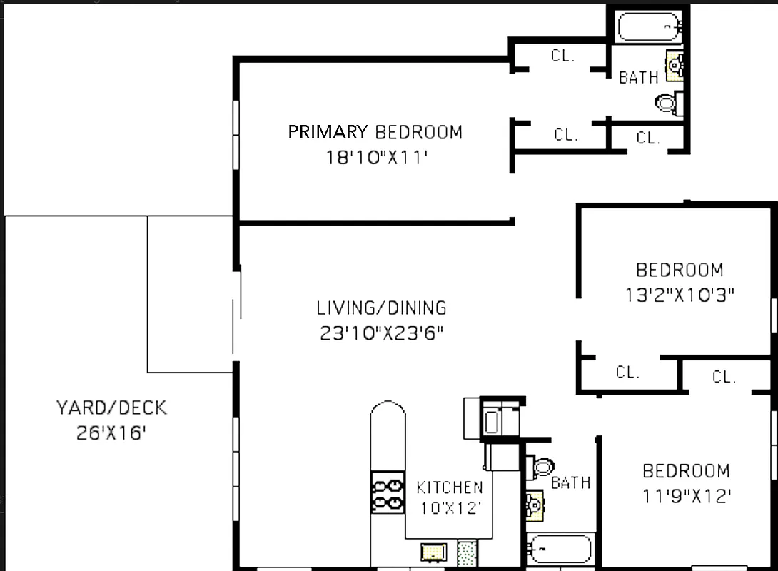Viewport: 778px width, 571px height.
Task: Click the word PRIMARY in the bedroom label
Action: tap(328, 132)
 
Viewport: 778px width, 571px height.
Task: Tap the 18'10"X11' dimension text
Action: tap(376, 158)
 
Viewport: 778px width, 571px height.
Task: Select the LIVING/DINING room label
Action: tap(381, 308)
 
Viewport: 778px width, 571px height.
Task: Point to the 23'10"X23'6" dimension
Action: tap(381, 333)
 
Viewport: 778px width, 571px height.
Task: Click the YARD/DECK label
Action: tap(111, 408)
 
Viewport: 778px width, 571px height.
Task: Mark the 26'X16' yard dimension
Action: tap(111, 433)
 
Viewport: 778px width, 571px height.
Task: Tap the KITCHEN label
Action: tap(449, 487)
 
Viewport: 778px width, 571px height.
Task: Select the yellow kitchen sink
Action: tap(433, 552)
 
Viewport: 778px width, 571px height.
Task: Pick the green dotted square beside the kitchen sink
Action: tap(467, 552)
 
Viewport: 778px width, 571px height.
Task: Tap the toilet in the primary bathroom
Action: tap(667, 103)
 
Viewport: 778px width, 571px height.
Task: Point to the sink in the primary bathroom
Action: tap(675, 66)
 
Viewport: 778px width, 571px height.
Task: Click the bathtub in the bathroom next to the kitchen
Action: tap(560, 550)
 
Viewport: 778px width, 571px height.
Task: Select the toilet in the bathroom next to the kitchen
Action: tap(542, 468)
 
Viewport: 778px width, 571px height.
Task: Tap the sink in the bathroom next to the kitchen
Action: tap(535, 506)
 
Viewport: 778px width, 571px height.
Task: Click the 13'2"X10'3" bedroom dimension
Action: tap(679, 295)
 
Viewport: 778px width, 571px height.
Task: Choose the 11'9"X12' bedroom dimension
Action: tap(686, 495)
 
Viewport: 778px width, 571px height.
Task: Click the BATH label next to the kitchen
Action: tap(570, 483)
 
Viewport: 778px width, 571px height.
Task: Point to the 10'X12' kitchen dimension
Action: tap(449, 509)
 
